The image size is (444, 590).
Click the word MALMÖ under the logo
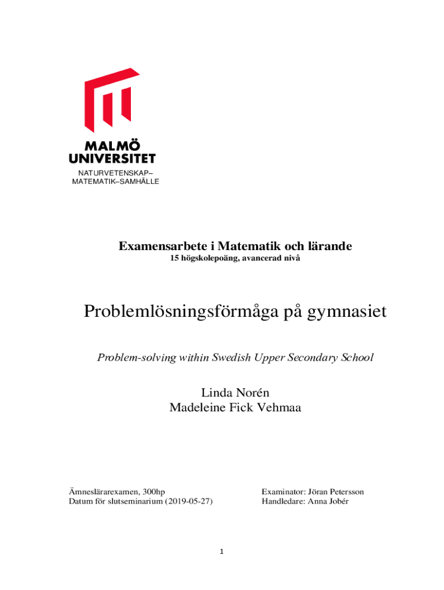coord(112,145)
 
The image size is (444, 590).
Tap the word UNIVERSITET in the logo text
coord(112,157)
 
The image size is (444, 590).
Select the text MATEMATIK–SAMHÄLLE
coord(115,181)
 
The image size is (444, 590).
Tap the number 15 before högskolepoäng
coord(174,259)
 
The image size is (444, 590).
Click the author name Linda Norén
coord(235,393)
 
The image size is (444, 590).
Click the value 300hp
coord(154,491)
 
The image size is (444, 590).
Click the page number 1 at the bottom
coord(221,551)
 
